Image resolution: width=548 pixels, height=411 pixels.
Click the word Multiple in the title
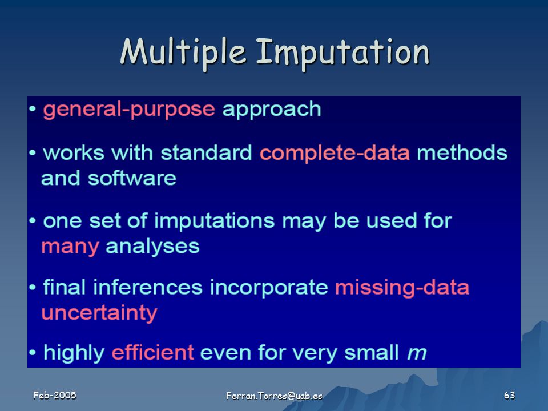183,53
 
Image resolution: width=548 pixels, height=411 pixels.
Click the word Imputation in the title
343,53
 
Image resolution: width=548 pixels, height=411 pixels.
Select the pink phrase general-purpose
129,110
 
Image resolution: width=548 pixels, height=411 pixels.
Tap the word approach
272,110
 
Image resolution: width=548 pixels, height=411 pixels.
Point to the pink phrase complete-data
335,153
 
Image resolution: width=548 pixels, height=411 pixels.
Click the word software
132,178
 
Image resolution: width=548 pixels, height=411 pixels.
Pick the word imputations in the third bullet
214,221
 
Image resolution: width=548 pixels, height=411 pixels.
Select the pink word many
70,247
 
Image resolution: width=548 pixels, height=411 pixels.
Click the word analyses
152,247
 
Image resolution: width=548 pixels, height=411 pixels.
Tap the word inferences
148,287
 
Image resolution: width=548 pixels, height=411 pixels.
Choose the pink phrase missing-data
402,288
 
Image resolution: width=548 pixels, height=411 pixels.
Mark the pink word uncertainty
99,313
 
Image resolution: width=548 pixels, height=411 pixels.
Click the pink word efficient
153,352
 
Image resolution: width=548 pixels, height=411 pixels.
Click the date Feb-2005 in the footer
55,395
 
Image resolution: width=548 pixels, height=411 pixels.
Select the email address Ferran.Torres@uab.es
274,396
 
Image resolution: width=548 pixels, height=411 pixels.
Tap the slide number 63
510,395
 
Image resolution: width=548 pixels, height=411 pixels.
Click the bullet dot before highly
33,353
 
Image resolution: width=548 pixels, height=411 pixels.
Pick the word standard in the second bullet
206,153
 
